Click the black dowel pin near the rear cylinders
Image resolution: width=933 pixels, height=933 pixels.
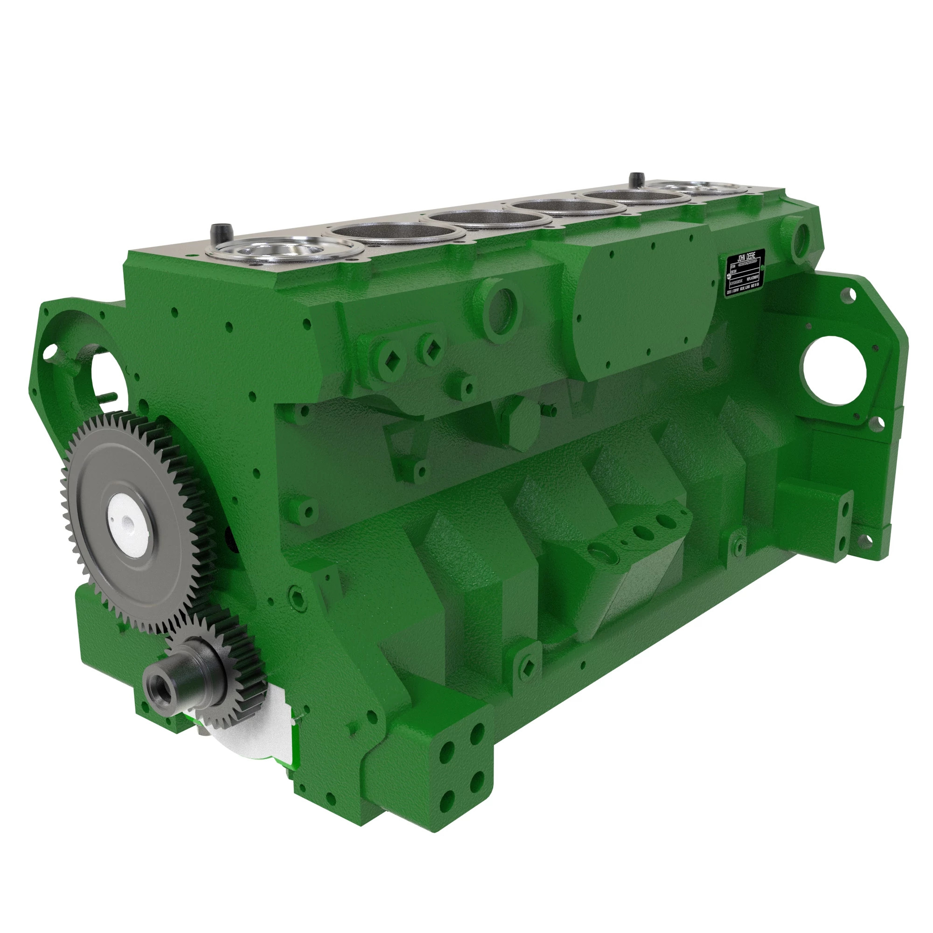point(633,180)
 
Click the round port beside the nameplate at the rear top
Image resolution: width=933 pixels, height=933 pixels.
point(798,237)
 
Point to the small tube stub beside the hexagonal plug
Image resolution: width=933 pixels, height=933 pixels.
point(549,411)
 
